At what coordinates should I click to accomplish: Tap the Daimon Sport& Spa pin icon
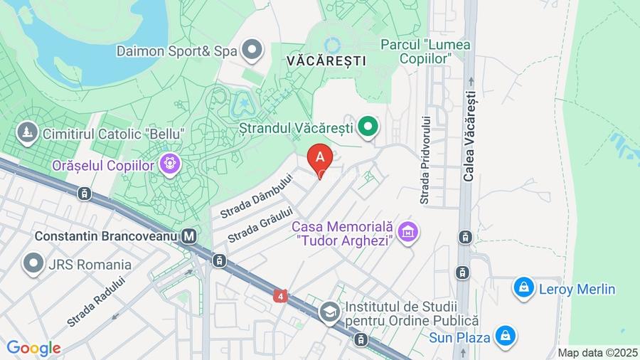pos(252,50)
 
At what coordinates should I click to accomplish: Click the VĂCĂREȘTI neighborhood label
pos(326,61)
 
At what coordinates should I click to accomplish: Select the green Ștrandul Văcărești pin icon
pos(368,128)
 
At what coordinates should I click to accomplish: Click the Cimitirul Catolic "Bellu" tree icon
pos(28,132)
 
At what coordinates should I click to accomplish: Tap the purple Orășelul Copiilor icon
pos(169,164)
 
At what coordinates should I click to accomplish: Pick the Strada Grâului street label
pos(260,224)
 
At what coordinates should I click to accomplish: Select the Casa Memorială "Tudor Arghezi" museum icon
pos(408,231)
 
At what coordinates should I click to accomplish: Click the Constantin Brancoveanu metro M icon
pos(189,235)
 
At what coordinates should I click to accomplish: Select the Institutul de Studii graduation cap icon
pos(329,310)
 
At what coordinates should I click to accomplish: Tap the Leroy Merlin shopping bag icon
pos(523,288)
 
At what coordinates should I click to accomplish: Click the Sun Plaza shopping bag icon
pos(506,336)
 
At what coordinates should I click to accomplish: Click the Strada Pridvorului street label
pos(425,160)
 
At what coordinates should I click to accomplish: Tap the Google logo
pos(33,348)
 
